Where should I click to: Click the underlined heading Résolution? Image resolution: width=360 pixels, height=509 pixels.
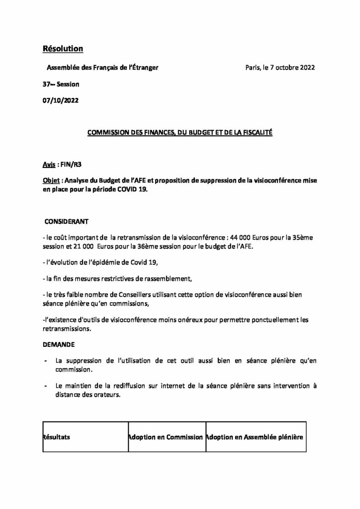(63, 48)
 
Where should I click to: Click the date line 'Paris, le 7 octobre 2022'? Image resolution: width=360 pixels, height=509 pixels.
(280, 68)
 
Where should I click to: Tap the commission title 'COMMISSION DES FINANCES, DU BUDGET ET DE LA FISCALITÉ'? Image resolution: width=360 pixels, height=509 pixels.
(180, 133)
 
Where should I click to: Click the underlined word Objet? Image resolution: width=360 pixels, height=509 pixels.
(51, 181)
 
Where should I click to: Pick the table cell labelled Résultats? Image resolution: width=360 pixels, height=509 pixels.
(57, 437)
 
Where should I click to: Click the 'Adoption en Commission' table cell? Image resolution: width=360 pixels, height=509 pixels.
(165, 437)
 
